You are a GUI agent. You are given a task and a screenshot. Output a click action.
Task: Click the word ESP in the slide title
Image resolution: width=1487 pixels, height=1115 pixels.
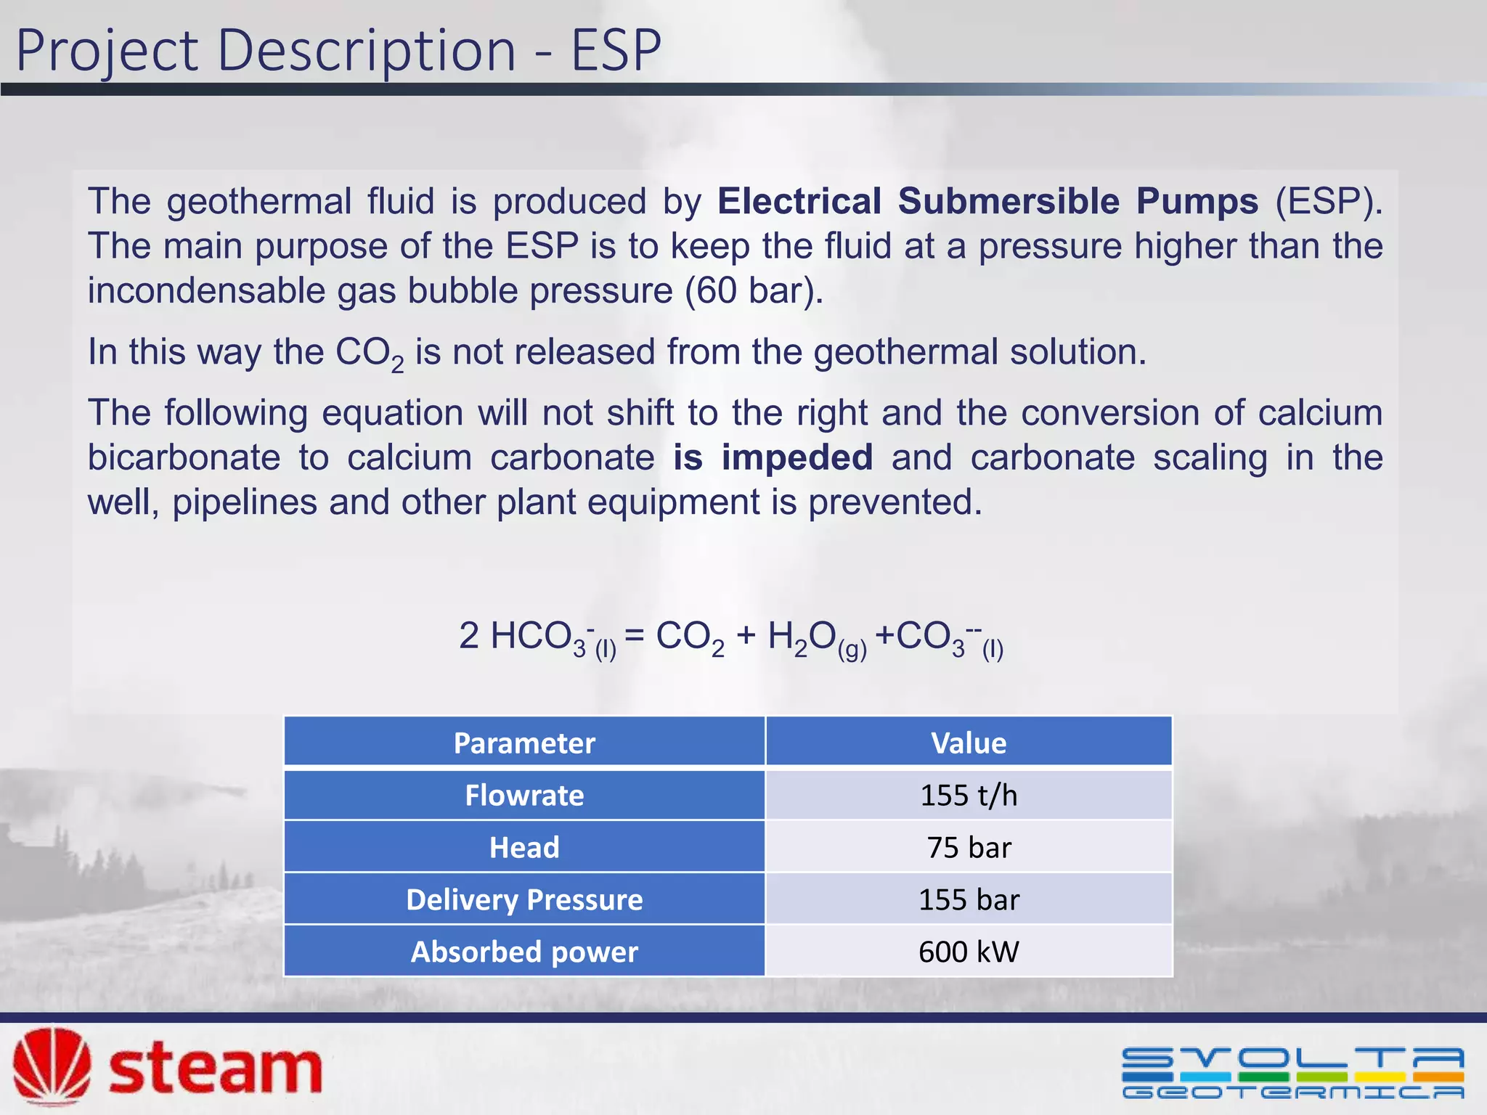pos(616,51)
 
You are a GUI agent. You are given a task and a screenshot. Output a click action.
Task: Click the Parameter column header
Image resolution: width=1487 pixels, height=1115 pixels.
pos(524,743)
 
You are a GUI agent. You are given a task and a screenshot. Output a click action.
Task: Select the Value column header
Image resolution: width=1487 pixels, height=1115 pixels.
pos(969,743)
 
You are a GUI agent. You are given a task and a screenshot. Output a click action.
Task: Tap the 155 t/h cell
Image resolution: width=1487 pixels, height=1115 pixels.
pos(969,795)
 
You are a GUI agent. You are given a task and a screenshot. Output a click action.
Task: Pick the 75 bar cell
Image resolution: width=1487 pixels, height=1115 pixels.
pos(969,847)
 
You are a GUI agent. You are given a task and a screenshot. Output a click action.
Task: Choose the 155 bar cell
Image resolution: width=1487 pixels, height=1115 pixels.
pos(969,899)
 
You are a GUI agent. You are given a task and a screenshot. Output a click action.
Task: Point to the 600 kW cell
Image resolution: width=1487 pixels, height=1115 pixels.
pos(969,952)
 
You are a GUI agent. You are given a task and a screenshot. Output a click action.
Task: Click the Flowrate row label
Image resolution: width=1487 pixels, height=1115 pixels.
pos(524,795)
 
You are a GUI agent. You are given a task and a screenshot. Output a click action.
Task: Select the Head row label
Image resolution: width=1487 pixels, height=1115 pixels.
pos(524,847)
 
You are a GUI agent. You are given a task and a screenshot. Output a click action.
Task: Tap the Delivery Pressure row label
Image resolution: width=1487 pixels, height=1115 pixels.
pos(524,899)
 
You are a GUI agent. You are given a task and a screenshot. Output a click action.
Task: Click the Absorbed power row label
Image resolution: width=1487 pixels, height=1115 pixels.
pos(524,952)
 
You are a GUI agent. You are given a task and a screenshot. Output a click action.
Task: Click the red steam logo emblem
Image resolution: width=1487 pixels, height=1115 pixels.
pos(52,1066)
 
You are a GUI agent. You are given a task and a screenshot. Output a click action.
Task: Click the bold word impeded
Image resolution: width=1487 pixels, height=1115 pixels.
pos(797,457)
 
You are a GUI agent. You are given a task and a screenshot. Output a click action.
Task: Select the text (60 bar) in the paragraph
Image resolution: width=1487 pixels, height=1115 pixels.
pos(754,291)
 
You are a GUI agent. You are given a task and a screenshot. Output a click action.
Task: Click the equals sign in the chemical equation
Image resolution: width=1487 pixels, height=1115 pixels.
pos(634,636)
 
